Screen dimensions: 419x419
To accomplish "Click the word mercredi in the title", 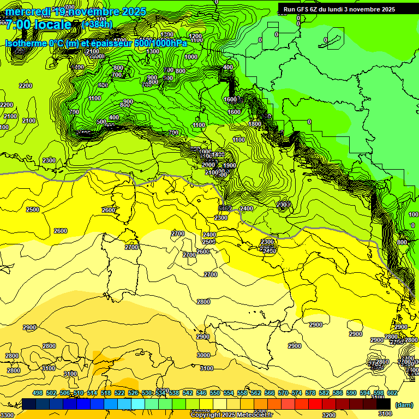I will click(28, 11).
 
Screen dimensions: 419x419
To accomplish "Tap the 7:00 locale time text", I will click(38, 25).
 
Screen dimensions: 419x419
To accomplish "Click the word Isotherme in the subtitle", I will click(25, 43).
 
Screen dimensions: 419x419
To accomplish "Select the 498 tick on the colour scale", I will click(38, 393).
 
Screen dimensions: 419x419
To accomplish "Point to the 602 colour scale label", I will click(392, 393).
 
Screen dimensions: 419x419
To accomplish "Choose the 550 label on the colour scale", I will click(215, 393).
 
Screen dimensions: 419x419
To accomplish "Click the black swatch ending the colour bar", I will click(384, 404).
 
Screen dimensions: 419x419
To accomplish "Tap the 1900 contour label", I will click(229, 165).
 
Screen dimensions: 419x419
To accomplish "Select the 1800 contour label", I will click(254, 124).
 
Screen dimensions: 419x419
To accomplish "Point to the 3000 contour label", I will click(203, 355).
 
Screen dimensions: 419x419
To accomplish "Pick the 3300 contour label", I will click(7, 415).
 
